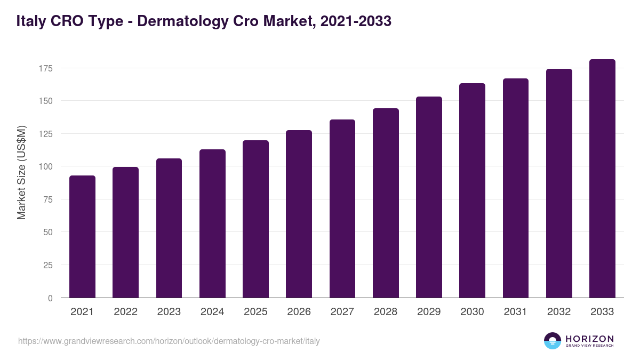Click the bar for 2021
point(82,237)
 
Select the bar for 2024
point(212,224)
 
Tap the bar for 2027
point(342,209)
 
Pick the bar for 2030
point(473,191)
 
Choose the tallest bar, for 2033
point(602,179)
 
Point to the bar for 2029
point(429,197)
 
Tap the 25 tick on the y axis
point(47,265)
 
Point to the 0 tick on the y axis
point(50,298)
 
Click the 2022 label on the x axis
point(125,312)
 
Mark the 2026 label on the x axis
point(299,312)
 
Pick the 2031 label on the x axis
point(516,312)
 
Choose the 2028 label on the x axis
point(386,312)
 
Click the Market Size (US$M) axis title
point(21,172)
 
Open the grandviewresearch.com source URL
point(169,341)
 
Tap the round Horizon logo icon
point(553,341)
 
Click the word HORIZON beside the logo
point(590,339)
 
